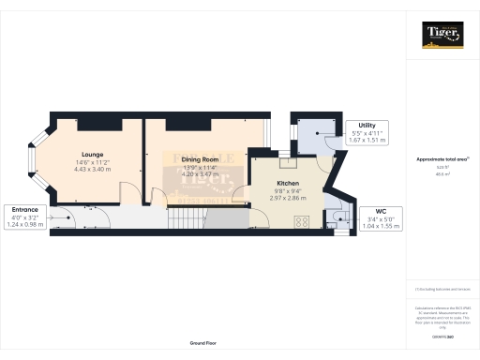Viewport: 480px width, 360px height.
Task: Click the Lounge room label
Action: [x=92, y=154]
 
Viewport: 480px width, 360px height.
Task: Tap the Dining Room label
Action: [x=199, y=160]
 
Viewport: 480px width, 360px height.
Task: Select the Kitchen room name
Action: [x=287, y=184]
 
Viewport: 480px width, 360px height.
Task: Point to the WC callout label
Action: [x=380, y=211]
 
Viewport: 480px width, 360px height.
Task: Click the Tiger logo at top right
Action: [x=442, y=35]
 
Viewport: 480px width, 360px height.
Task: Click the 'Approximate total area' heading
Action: [x=441, y=159]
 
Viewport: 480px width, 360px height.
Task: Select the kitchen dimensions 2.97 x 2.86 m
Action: [x=287, y=200]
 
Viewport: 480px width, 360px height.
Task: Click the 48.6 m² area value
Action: [x=441, y=173]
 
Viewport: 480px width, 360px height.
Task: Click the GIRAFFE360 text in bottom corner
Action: [x=441, y=335]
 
